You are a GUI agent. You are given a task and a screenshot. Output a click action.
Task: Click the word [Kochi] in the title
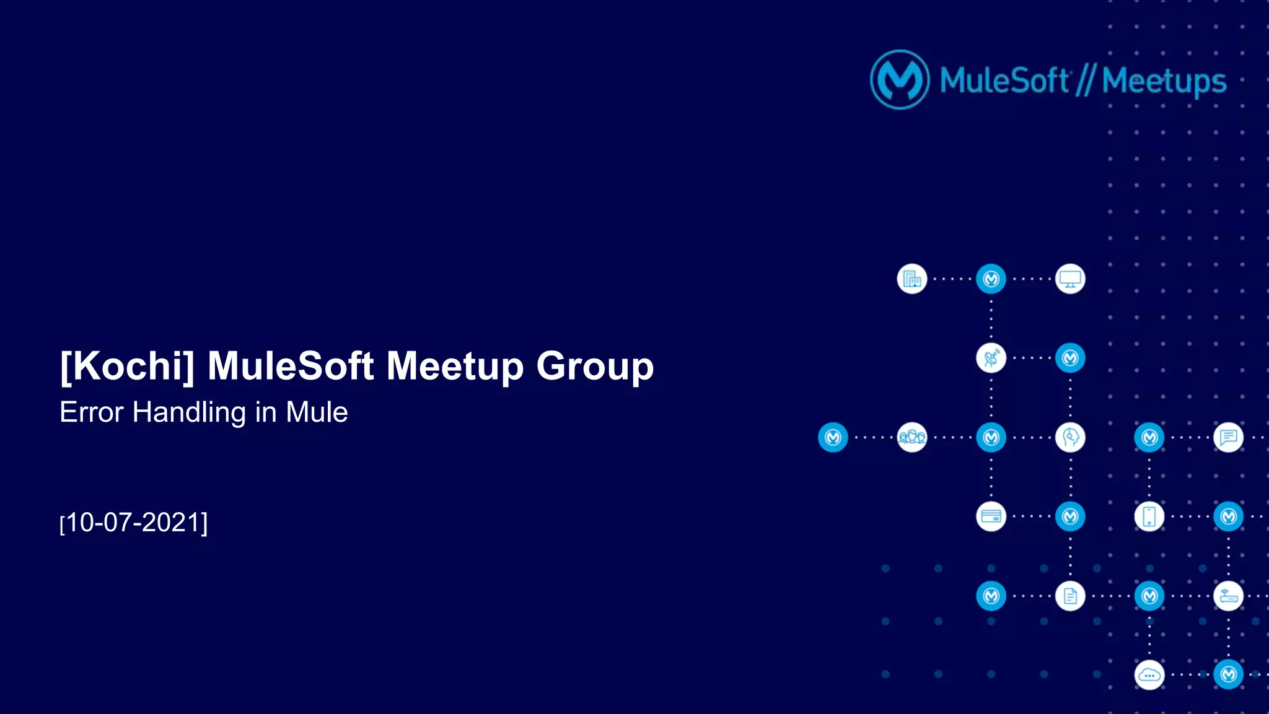[x=127, y=366]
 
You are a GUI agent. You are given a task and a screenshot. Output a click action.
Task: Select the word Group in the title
[x=595, y=366]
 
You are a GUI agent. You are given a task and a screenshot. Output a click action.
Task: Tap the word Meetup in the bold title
[x=455, y=366]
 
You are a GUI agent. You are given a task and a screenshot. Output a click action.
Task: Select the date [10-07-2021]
[x=134, y=523]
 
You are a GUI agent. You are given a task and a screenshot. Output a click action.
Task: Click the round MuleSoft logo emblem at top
[x=900, y=80]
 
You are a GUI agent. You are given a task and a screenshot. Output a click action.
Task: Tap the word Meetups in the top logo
[x=1164, y=81]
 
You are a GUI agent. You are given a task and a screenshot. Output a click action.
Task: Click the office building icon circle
[x=912, y=279]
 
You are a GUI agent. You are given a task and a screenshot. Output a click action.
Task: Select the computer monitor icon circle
[x=1070, y=279]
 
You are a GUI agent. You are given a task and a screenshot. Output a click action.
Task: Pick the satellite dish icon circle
[x=991, y=358]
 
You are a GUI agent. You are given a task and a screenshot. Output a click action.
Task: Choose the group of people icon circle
[x=912, y=437]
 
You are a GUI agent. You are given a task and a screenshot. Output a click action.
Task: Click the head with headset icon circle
[x=1070, y=437]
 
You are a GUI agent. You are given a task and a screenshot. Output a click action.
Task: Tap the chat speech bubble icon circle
[x=1228, y=437]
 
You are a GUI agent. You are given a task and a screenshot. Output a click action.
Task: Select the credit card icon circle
[x=991, y=516]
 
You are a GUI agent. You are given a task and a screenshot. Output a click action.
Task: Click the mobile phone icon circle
[x=1149, y=516]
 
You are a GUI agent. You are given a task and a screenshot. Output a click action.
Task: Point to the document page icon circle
[x=1070, y=596]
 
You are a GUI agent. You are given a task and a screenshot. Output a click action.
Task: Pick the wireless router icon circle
[x=1228, y=596]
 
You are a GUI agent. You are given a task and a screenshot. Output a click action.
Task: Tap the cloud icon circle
[x=1149, y=675]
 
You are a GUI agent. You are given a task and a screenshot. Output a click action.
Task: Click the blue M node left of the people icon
[x=833, y=437]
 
